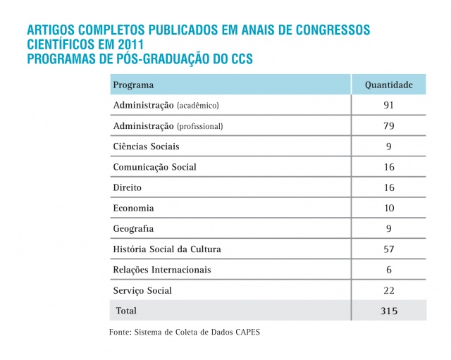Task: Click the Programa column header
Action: tap(133, 85)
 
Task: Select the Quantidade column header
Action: tap(388, 85)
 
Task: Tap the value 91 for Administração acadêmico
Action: tap(388, 106)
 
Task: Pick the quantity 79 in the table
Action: tap(388, 126)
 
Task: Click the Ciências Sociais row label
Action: tap(146, 147)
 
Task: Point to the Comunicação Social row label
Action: tap(154, 167)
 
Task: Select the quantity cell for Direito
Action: tap(388, 188)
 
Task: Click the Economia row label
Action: tap(133, 209)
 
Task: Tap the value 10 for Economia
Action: tap(388, 209)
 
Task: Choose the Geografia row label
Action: tap(133, 229)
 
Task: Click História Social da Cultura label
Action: tap(172, 249)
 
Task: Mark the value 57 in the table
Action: tap(388, 249)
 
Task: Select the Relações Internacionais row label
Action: tap(161, 270)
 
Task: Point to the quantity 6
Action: tap(388, 270)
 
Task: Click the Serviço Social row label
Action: tap(142, 290)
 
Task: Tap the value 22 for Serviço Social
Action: tap(388, 290)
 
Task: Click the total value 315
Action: tap(388, 311)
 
